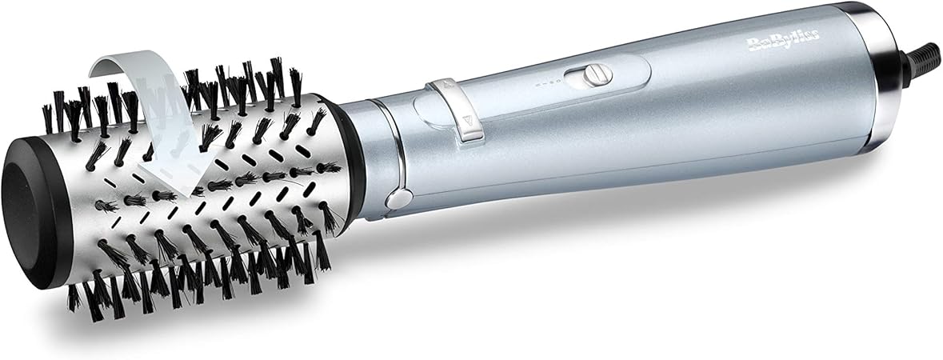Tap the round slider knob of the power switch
click(591, 76)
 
